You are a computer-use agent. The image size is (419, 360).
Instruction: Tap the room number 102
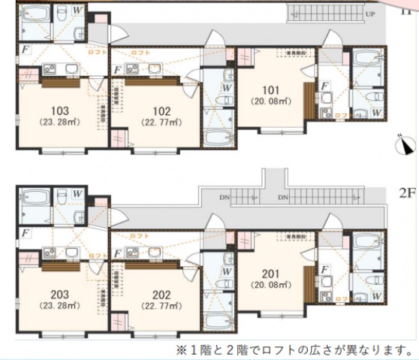[158, 110]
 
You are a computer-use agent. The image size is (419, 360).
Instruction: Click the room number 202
[158, 295]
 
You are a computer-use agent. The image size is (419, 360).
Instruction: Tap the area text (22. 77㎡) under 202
[158, 306]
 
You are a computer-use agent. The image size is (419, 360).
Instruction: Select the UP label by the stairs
[370, 14]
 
